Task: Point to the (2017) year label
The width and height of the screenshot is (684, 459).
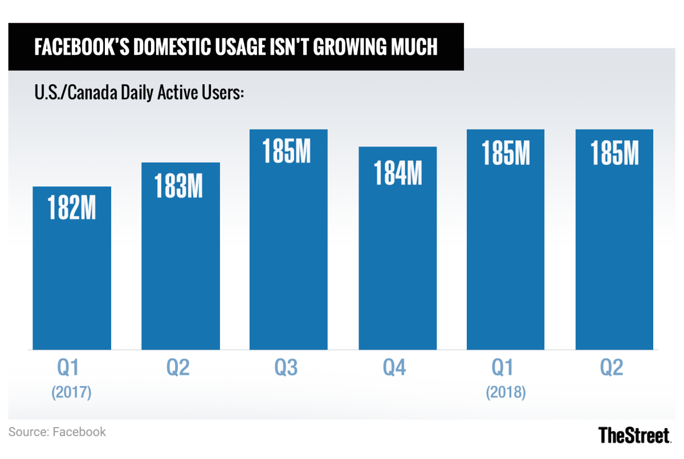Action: (71, 393)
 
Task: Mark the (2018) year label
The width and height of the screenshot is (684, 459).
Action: (506, 393)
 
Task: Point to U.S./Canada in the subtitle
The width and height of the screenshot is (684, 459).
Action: (75, 92)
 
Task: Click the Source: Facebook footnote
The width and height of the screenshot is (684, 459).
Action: (57, 432)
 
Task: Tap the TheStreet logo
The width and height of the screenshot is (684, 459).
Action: (634, 435)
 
